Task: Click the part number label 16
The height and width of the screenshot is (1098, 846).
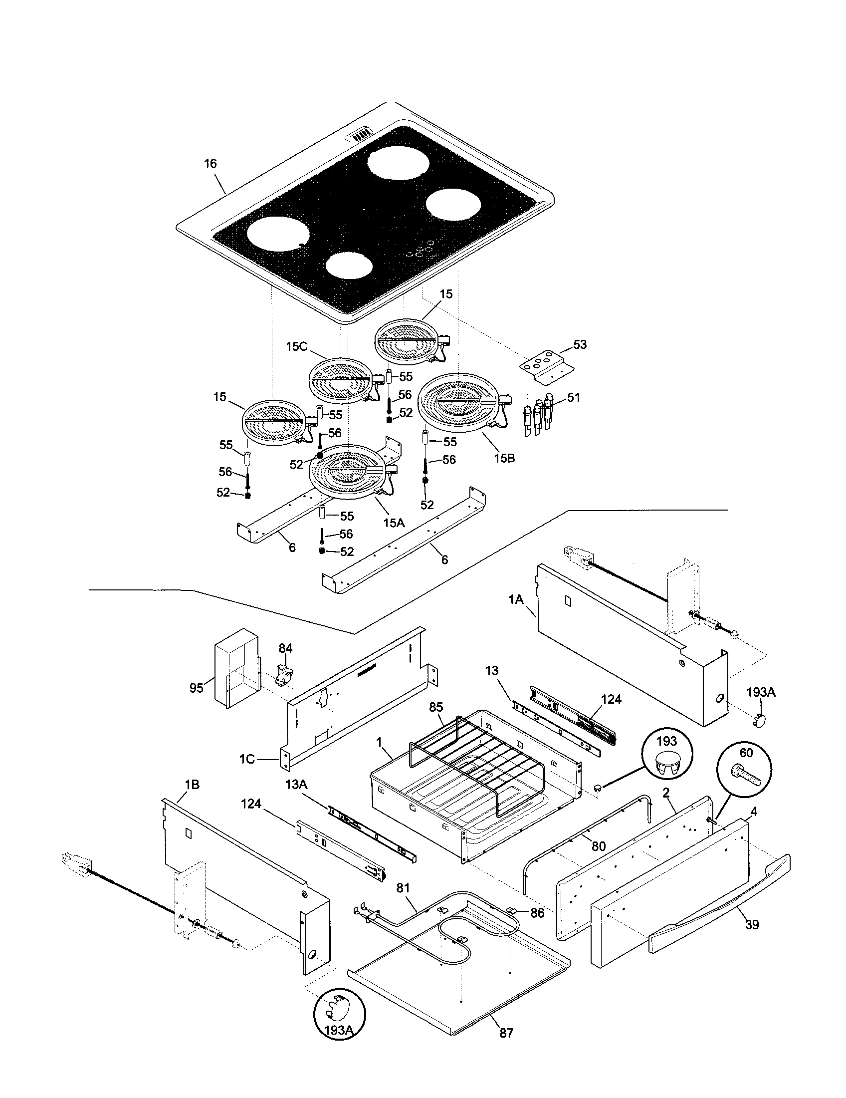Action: [x=210, y=163]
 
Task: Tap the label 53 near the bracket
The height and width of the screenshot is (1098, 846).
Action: [x=580, y=345]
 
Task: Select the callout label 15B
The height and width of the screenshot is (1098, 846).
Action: [x=504, y=459]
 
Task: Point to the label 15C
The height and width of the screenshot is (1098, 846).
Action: [x=297, y=346]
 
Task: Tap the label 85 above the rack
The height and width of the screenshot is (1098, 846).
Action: [x=436, y=707]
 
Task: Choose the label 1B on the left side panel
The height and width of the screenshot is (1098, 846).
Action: [x=192, y=785]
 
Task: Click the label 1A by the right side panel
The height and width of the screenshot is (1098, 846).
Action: [x=516, y=599]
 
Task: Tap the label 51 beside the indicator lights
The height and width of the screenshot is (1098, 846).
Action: [x=574, y=398]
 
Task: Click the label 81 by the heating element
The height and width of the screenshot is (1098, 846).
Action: [x=403, y=888]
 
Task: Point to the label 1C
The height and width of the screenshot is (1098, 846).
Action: [x=248, y=759]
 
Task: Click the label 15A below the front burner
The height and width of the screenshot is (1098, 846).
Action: [x=394, y=523]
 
